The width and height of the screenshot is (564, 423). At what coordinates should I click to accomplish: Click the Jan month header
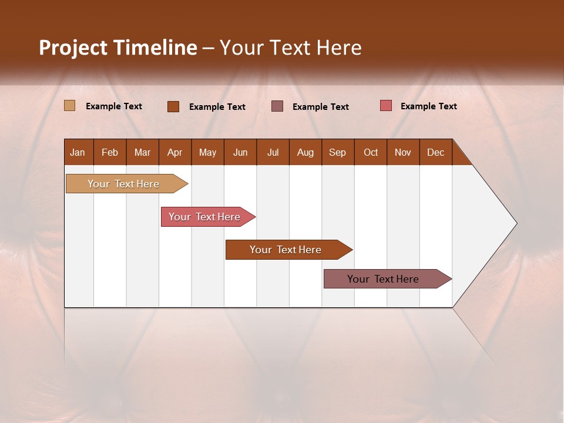pos(78,152)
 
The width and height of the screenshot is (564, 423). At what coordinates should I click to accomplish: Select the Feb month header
pos(110,152)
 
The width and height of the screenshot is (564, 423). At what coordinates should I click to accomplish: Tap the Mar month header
pos(142,152)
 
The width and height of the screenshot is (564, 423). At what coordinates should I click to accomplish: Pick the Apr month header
pos(175,152)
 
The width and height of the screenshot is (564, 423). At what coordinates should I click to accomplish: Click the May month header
pos(207,152)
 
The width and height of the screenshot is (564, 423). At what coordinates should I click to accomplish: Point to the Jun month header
pos(240,152)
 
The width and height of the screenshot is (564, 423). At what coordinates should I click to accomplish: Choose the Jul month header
pos(273,152)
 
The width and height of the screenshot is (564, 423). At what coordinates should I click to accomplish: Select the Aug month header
pos(305,152)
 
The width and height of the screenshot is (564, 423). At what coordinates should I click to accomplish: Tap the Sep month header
pos(338,152)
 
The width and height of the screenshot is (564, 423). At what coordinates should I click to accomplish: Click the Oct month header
pos(371,152)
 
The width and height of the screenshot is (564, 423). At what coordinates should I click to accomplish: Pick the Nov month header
pos(403,152)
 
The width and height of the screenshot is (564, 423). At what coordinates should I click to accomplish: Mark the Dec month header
pos(436,152)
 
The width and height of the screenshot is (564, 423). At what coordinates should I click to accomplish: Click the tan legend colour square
pos(69,106)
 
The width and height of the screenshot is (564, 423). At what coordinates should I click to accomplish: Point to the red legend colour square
pos(385,106)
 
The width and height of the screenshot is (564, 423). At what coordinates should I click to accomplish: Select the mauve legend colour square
pos(277,106)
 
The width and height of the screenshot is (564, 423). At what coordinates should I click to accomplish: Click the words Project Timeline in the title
pos(118,48)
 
